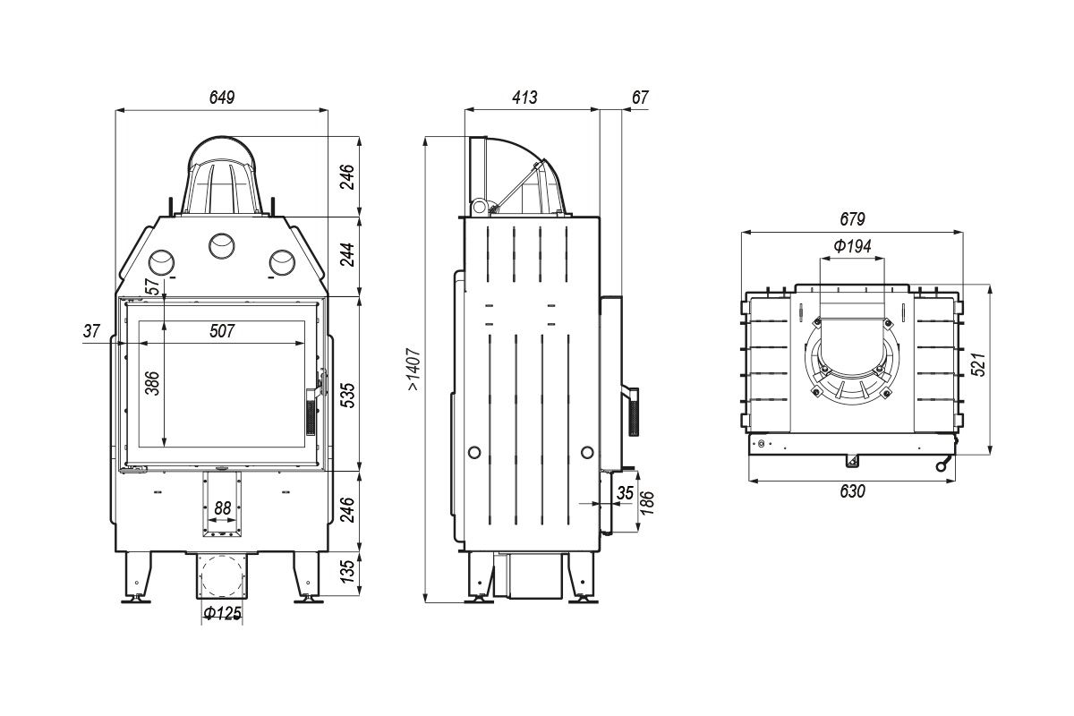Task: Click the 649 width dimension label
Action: coord(222,98)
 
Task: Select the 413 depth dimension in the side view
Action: coord(524,98)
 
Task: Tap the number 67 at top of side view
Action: coord(640,98)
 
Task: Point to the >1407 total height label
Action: coord(414,370)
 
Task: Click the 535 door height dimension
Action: coord(348,396)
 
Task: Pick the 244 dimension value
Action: coord(348,255)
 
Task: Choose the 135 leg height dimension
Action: coord(348,571)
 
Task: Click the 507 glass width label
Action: coord(222,331)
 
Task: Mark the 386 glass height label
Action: coord(152,383)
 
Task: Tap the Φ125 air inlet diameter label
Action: coord(222,613)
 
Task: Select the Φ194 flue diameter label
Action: coord(852,246)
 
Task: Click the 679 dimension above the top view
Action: coord(852,219)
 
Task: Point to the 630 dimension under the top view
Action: coord(852,491)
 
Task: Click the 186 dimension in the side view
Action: coord(647,503)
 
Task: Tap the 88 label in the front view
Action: coord(223,507)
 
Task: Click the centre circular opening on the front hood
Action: coord(222,246)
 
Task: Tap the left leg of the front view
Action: coord(137,577)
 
